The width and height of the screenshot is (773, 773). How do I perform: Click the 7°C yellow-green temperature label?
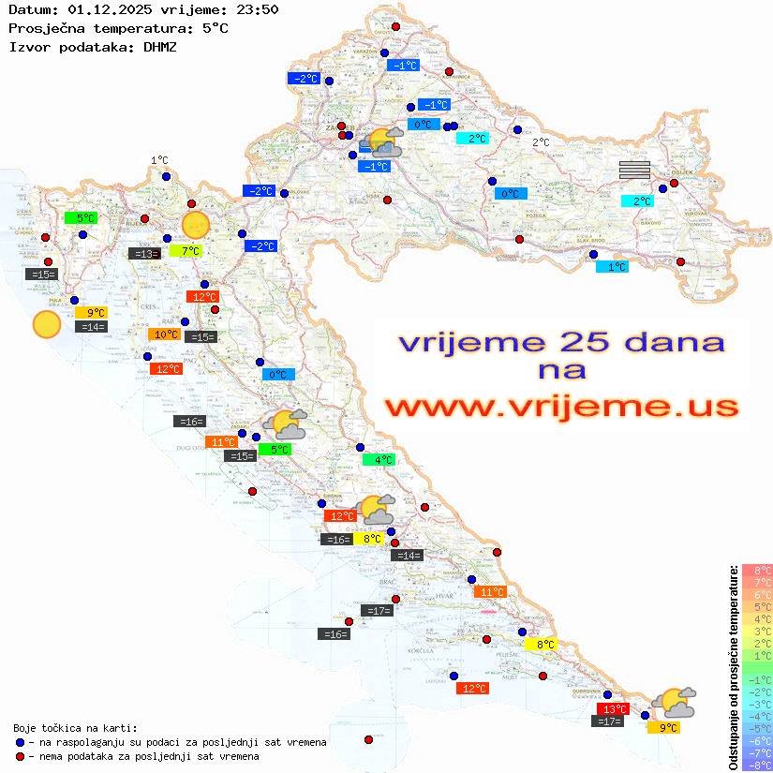click(189, 250)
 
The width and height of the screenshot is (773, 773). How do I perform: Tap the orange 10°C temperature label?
click(166, 334)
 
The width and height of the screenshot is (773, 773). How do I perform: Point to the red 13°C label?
click(614, 708)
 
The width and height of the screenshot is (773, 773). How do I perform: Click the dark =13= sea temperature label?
click(143, 253)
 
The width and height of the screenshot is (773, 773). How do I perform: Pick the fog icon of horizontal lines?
click(634, 170)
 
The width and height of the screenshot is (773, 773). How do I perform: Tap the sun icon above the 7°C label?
click(195, 225)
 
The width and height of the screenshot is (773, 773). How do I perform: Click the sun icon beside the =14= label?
click(46, 324)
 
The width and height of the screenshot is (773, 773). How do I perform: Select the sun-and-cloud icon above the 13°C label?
click(674, 701)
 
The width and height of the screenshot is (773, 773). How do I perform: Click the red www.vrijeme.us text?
click(560, 407)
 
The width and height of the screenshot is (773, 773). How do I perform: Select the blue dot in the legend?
click(20, 742)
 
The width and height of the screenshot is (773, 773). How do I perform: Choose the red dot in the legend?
click(20, 756)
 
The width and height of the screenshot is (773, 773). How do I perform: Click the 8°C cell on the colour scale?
click(757, 570)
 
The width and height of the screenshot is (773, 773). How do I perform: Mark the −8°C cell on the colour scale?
click(757, 765)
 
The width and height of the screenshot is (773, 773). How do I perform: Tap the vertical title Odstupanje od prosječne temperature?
click(733, 666)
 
